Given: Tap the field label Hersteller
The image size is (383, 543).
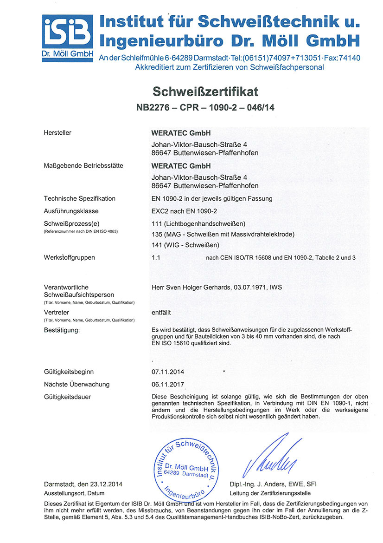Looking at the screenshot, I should click(57, 132).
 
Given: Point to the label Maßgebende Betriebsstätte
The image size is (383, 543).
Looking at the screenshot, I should click(83, 165).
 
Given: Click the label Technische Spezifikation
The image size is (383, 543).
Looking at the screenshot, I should click(79, 198).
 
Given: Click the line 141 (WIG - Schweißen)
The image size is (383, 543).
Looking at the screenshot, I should click(185, 245).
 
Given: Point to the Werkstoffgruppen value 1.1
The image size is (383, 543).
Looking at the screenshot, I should click(156, 257).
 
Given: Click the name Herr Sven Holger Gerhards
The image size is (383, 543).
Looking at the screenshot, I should click(191, 288).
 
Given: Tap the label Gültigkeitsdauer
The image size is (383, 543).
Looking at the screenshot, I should click(67, 397).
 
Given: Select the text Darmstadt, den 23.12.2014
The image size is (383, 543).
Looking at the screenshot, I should click(83, 484).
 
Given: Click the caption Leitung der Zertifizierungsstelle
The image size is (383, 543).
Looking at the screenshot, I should click(270, 493).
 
